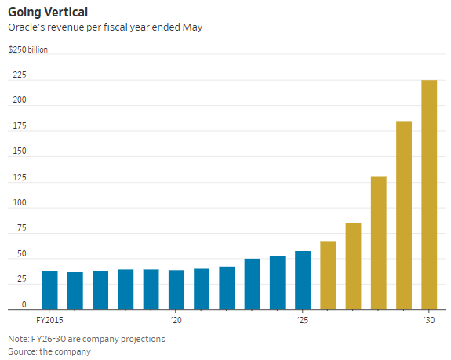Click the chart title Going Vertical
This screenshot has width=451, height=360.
(x=48, y=13)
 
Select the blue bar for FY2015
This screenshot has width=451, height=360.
(x=49, y=290)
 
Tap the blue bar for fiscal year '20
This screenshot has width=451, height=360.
(x=176, y=289)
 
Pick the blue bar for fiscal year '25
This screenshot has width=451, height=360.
(x=303, y=280)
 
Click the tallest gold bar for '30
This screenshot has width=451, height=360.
(x=429, y=195)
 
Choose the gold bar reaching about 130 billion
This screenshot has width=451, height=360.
(x=379, y=243)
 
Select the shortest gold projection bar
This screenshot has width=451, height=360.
(x=328, y=275)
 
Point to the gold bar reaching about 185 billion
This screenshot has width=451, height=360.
(x=404, y=215)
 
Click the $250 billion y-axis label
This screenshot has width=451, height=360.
(x=28, y=49)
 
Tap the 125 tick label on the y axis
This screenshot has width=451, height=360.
(x=20, y=177)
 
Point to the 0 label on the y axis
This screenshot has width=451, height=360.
(x=24, y=304)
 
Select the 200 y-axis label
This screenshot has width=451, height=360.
(x=20, y=100)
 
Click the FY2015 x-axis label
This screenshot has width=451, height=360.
(x=49, y=320)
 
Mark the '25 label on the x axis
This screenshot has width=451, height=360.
(x=303, y=320)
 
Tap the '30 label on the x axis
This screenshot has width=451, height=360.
(x=429, y=320)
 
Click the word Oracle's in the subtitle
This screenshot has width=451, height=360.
(x=27, y=27)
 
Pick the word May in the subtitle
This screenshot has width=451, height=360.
(x=192, y=27)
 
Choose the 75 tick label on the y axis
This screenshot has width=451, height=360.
(x=22, y=228)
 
